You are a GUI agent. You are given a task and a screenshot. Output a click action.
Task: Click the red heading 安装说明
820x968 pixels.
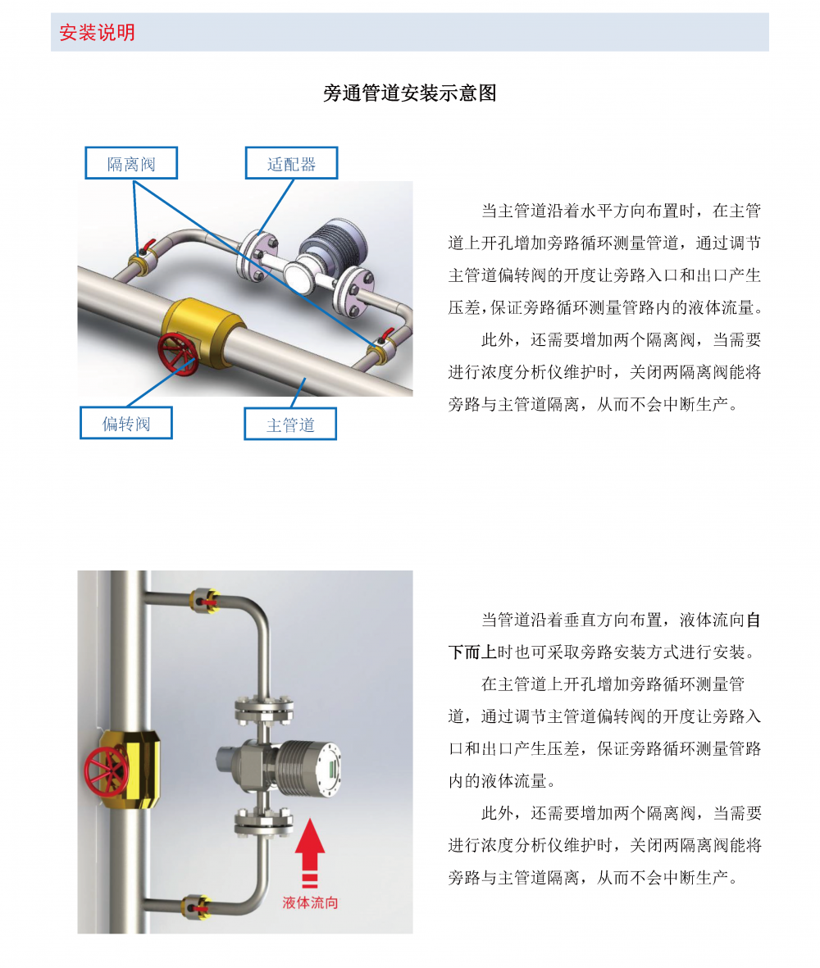coord(97,32)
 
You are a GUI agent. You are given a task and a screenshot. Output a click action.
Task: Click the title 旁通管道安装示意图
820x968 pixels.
coord(410,93)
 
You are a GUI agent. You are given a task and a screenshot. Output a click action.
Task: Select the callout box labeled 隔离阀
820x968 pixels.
coord(131,163)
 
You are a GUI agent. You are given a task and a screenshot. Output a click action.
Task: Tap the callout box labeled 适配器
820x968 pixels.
coord(291,163)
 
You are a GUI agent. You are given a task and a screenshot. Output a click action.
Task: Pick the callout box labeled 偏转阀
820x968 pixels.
coord(126,423)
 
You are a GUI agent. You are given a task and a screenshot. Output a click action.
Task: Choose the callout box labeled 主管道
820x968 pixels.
coord(290,424)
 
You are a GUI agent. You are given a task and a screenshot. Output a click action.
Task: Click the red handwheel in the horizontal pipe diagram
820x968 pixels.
coord(178,354)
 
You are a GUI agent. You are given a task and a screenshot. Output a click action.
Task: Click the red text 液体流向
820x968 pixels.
coord(310,902)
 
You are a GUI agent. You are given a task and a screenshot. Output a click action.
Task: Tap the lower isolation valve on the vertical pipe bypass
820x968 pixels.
coord(196,907)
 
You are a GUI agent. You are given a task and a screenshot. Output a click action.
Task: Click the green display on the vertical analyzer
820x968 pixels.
coord(331,769)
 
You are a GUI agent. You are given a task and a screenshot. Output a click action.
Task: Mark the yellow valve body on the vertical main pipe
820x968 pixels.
coord(131,769)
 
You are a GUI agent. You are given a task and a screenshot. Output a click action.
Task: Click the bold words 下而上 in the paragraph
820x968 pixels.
coord(473,652)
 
